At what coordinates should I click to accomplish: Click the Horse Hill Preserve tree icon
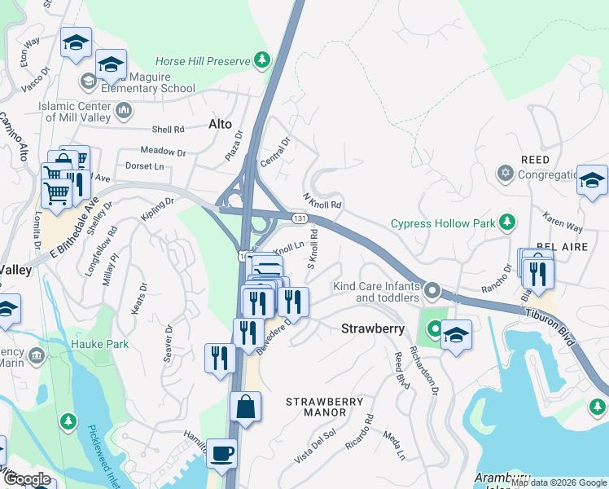[261, 59]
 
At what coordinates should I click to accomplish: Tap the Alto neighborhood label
[220, 124]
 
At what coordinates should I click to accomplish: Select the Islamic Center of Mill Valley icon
[124, 109]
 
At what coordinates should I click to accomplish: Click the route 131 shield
[300, 218]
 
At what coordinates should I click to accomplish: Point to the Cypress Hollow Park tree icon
[508, 222]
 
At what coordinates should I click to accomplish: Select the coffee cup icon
[223, 454]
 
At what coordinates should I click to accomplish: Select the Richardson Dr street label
[424, 372]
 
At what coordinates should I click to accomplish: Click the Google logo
[28, 479]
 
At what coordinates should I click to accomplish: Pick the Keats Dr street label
[138, 298]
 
